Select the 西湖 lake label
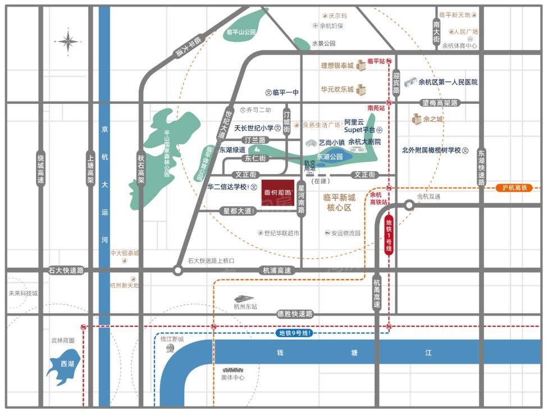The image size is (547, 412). click(x=67, y=364)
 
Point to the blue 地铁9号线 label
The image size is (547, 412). click(x=295, y=333)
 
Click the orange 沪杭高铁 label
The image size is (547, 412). click(x=514, y=188)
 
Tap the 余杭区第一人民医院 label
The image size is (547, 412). click(x=448, y=82)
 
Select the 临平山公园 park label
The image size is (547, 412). click(x=241, y=33)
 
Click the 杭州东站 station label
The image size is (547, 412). click(x=245, y=306)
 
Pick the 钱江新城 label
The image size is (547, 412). click(x=172, y=339)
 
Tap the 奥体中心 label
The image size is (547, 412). click(x=233, y=378)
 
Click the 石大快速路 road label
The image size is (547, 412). click(x=66, y=270)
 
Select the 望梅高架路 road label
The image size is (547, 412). click(x=440, y=103)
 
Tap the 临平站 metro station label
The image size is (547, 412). click(x=376, y=61)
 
